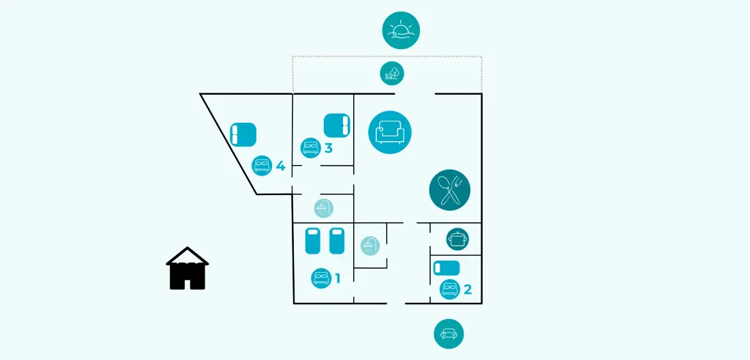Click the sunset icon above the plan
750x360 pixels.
401,30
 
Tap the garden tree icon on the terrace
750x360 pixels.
392,74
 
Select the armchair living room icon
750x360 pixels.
390,132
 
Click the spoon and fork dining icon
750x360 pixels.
449,190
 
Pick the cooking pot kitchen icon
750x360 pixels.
457,239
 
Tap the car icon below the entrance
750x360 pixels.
449,333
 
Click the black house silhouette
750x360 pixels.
187,268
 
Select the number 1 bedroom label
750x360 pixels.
337,277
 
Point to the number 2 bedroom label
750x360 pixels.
467,289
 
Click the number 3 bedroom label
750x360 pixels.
328,148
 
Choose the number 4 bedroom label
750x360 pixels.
280,166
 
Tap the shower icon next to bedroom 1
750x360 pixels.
370,245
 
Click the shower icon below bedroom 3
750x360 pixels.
324,209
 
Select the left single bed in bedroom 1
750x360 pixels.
312,241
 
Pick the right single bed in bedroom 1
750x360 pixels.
337,241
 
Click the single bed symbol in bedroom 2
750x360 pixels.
447,268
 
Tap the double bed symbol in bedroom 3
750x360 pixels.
337,125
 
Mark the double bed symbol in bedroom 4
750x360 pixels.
243,134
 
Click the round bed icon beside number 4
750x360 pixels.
262,166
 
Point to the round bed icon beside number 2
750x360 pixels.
449,288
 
